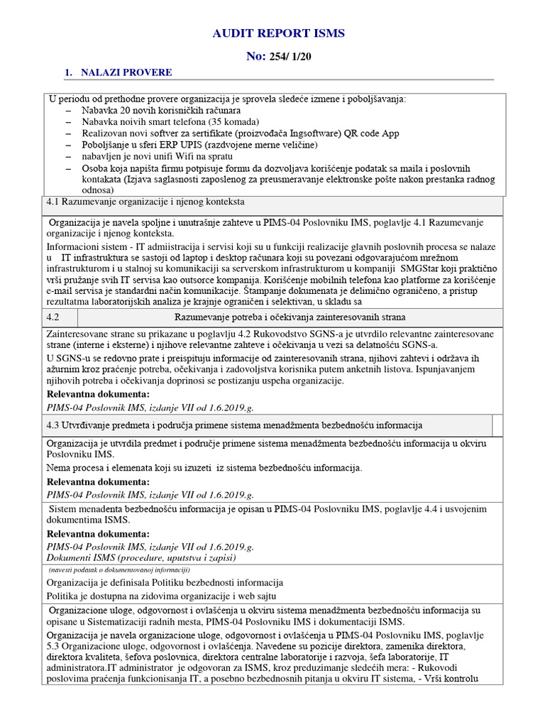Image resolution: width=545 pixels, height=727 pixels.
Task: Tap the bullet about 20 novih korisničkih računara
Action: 161,111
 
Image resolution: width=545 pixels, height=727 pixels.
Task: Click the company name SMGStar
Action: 424,270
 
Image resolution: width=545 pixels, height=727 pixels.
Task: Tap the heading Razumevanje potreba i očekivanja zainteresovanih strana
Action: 290,317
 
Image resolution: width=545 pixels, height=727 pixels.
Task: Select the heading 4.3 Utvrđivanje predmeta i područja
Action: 234,425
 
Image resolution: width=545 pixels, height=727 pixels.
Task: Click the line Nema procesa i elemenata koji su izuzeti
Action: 204,468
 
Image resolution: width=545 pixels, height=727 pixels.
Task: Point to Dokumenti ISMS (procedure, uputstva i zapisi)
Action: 143,558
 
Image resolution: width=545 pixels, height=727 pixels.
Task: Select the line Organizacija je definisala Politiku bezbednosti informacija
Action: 164,583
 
